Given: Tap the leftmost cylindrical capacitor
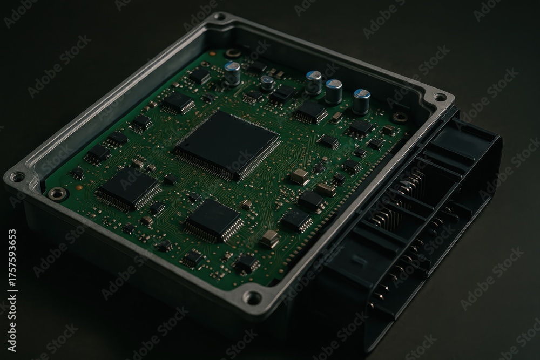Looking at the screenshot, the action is click(233, 73).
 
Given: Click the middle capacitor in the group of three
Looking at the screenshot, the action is click(333, 92).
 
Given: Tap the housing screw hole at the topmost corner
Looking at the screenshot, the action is click(221, 17).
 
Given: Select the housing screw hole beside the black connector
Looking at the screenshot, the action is click(440, 97).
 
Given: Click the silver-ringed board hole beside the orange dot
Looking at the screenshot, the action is click(57, 194).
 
